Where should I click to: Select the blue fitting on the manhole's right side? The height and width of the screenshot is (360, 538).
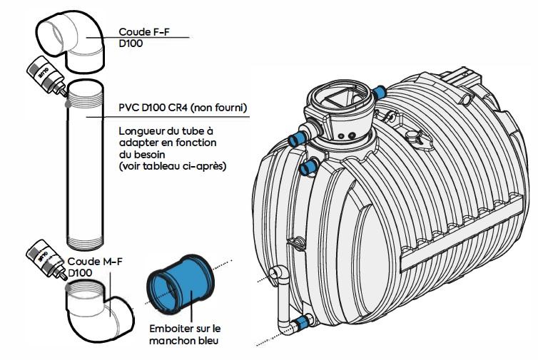[380, 91]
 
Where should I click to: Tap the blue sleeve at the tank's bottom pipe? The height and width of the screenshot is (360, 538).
[303, 322]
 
